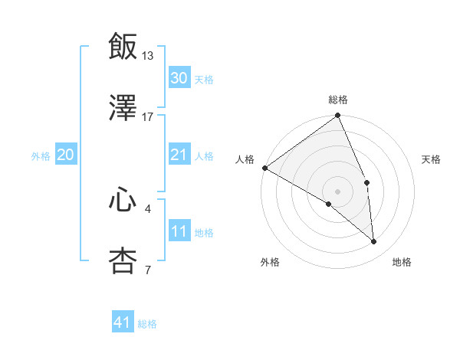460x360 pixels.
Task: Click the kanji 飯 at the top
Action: click(123, 46)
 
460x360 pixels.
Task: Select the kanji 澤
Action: click(123, 109)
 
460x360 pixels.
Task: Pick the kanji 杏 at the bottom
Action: click(123, 261)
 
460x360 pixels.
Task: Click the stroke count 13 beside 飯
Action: click(148, 55)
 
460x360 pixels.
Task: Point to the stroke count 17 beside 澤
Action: click(148, 117)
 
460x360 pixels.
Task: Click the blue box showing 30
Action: click(179, 78)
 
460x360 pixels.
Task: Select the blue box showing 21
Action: click(179, 155)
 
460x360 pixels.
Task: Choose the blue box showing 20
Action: click(66, 155)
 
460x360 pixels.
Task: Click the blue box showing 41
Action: click(123, 323)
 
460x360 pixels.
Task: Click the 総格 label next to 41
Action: click(147, 324)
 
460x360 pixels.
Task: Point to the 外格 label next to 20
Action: click(41, 156)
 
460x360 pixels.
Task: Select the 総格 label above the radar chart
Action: click(338, 100)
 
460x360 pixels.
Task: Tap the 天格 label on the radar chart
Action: click(432, 159)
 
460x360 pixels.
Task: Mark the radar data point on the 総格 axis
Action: click(337, 116)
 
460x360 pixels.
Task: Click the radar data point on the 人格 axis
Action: click(264, 168)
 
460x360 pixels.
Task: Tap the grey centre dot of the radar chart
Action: click(337, 190)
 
